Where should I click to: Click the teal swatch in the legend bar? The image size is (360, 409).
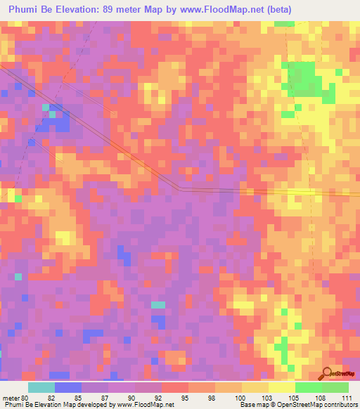(41, 387)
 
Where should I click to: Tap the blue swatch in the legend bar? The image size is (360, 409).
(68, 387)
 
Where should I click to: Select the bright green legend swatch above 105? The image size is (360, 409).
(308, 387)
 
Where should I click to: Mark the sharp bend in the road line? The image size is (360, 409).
(179, 188)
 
